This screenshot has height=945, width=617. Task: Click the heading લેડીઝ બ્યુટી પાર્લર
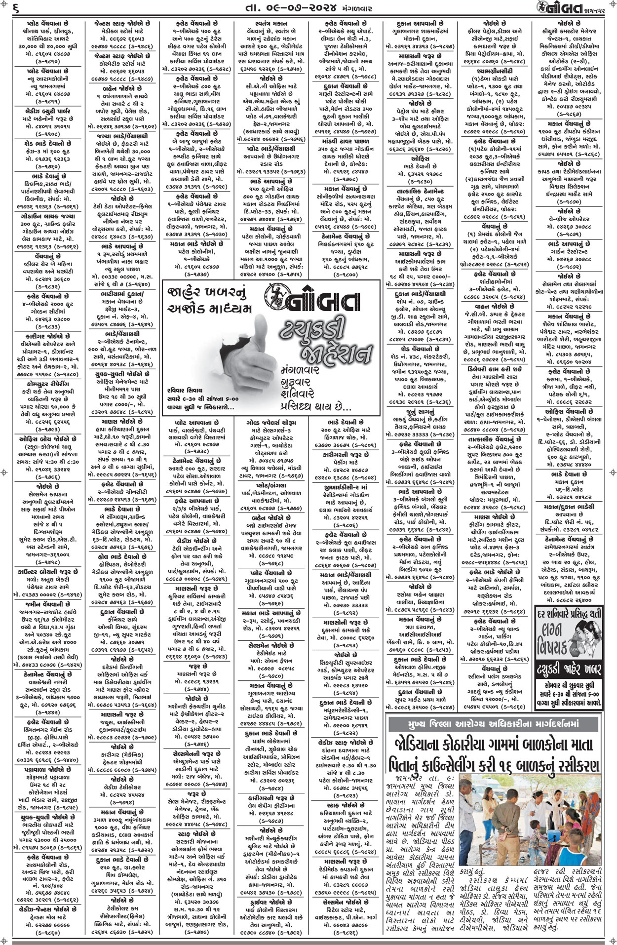pos(48,109)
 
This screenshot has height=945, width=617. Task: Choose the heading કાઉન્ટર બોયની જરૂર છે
pos(48,572)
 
